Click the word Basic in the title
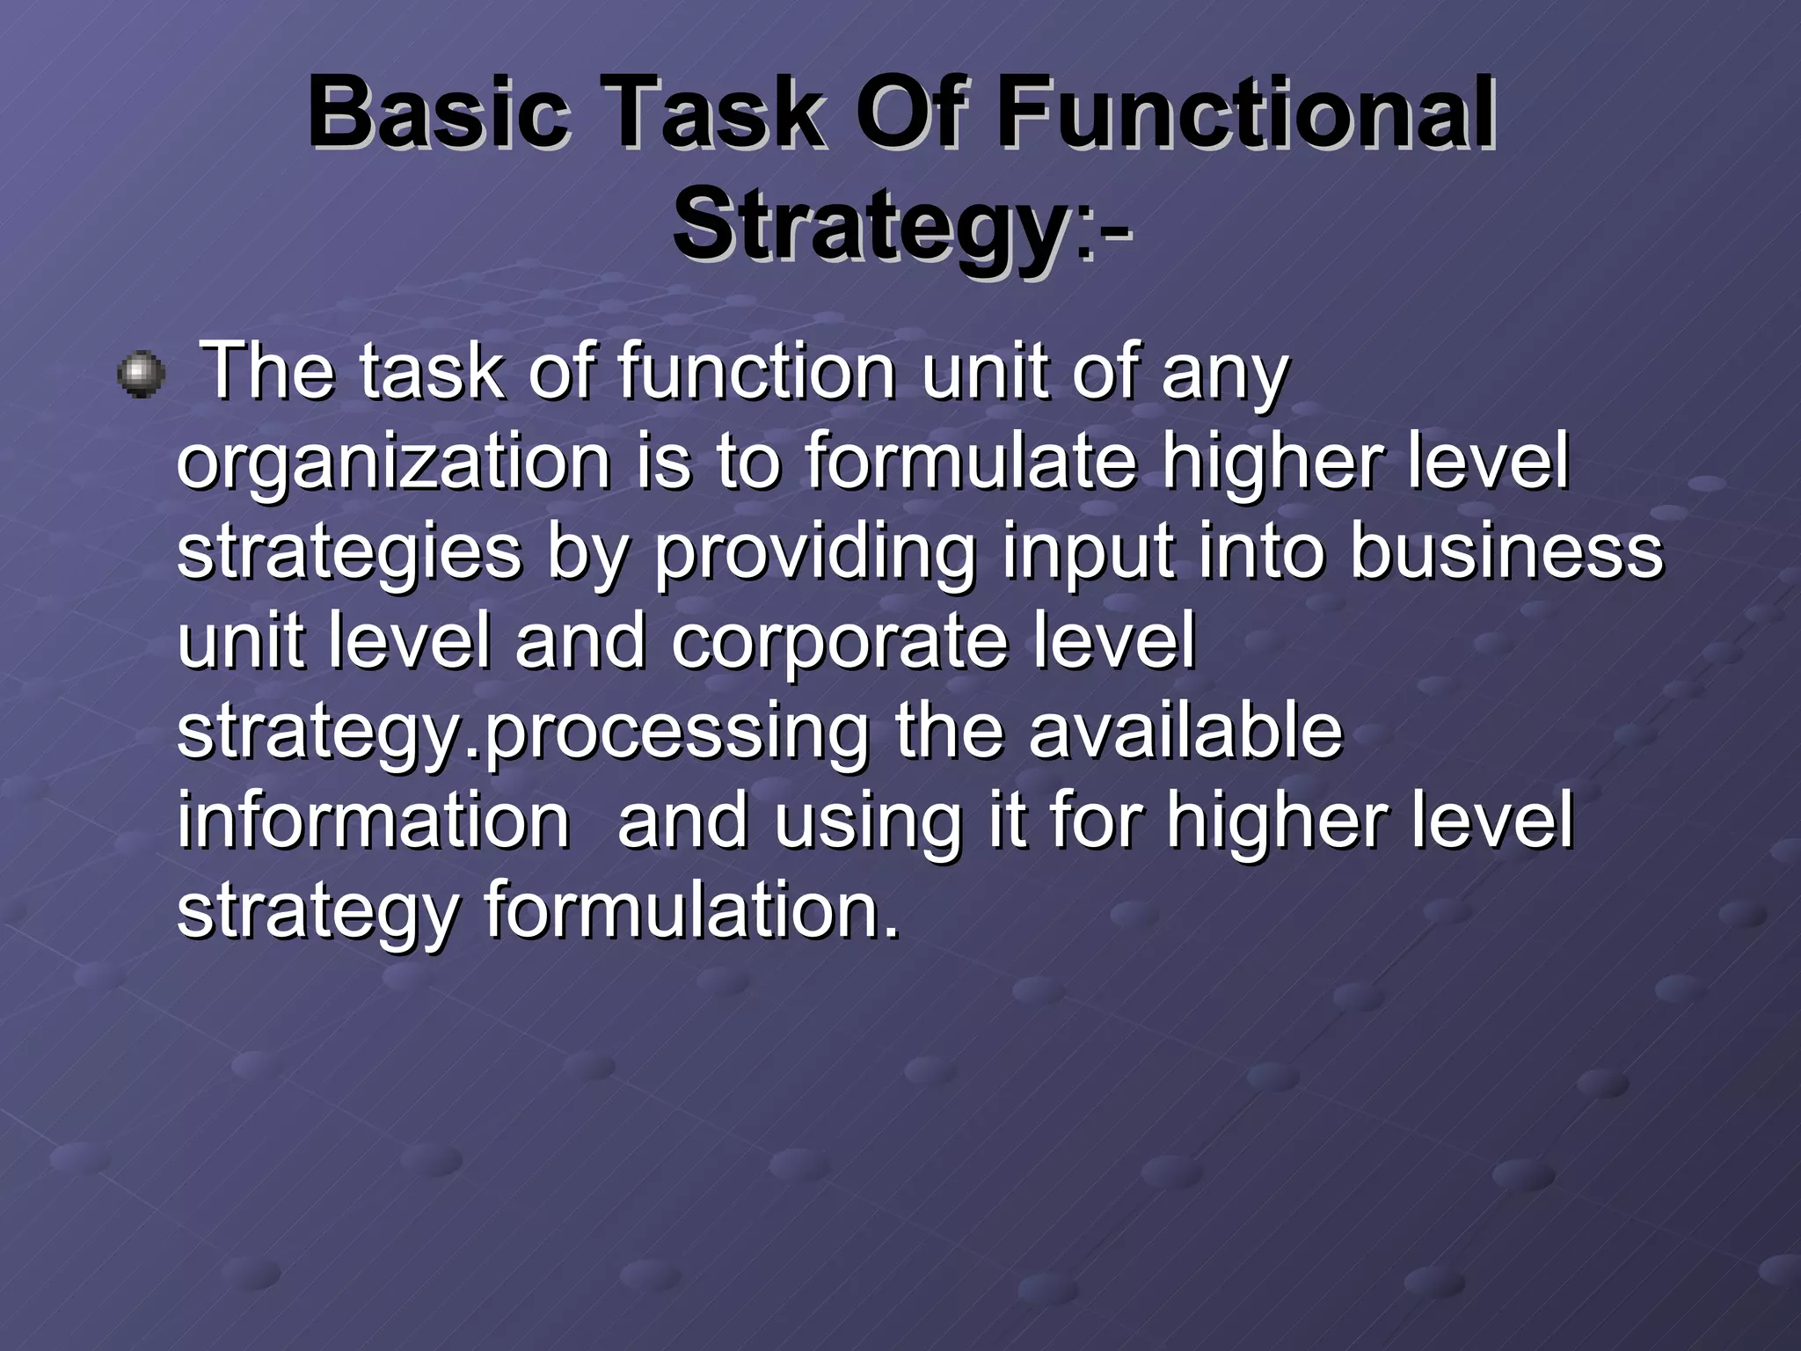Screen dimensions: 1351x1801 click(438, 113)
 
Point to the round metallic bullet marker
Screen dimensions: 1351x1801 click(141, 375)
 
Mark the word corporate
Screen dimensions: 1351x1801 click(839, 642)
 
